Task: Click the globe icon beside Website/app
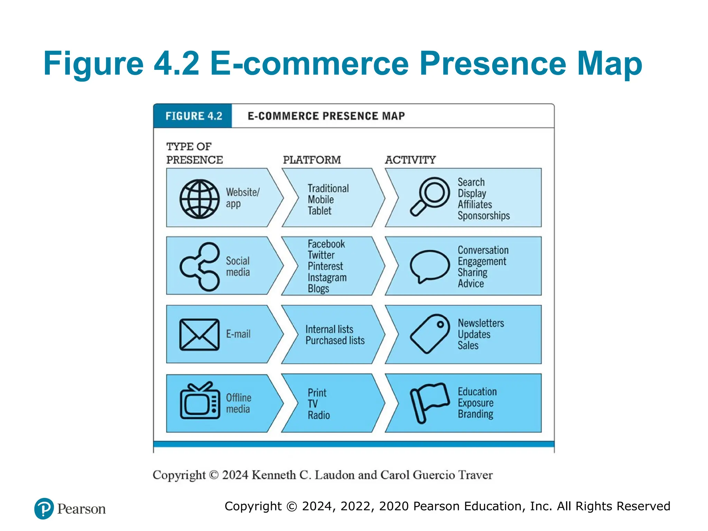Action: [199, 199]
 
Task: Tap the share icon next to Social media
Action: [200, 267]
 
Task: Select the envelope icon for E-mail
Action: [199, 335]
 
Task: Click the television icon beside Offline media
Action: [200, 401]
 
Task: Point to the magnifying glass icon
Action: [430, 196]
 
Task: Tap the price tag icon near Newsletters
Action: [430, 334]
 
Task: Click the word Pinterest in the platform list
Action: [325, 266]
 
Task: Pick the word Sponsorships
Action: [483, 216]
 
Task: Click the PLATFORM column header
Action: [312, 160]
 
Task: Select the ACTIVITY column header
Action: [410, 160]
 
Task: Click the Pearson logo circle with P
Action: [44, 509]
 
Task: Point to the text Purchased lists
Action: [335, 341]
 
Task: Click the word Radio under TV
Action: [319, 415]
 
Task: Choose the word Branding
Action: [475, 414]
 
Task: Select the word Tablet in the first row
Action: [319, 211]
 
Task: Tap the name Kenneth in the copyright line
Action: [273, 475]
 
